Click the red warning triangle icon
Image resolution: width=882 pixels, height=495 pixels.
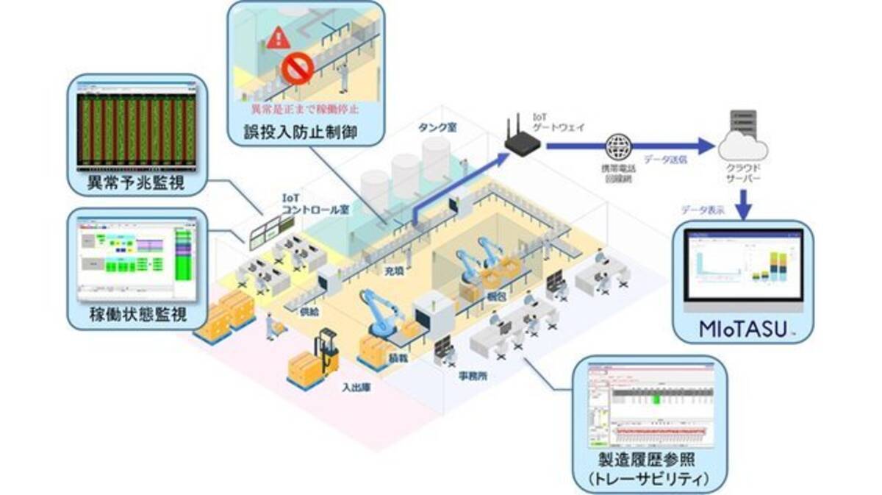pyautogui.click(x=278, y=38)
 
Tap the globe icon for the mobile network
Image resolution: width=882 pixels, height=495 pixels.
pyautogui.click(x=617, y=145)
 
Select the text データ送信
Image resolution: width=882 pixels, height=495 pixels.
pyautogui.click(x=666, y=159)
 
